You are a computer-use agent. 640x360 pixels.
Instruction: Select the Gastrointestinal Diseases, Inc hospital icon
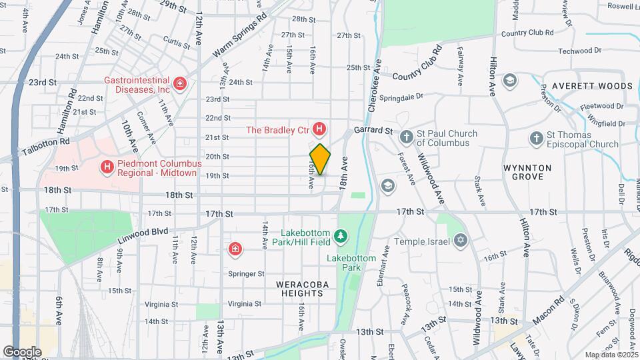tap(179, 84)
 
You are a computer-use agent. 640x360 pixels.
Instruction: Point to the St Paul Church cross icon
tap(407, 138)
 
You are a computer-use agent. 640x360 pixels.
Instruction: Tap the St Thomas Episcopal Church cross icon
tap(536, 139)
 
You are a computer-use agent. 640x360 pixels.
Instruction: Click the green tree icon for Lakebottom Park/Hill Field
tap(341, 235)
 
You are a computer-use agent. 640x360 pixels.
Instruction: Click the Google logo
tap(21, 351)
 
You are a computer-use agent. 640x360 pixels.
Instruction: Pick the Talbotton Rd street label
tap(45, 141)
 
